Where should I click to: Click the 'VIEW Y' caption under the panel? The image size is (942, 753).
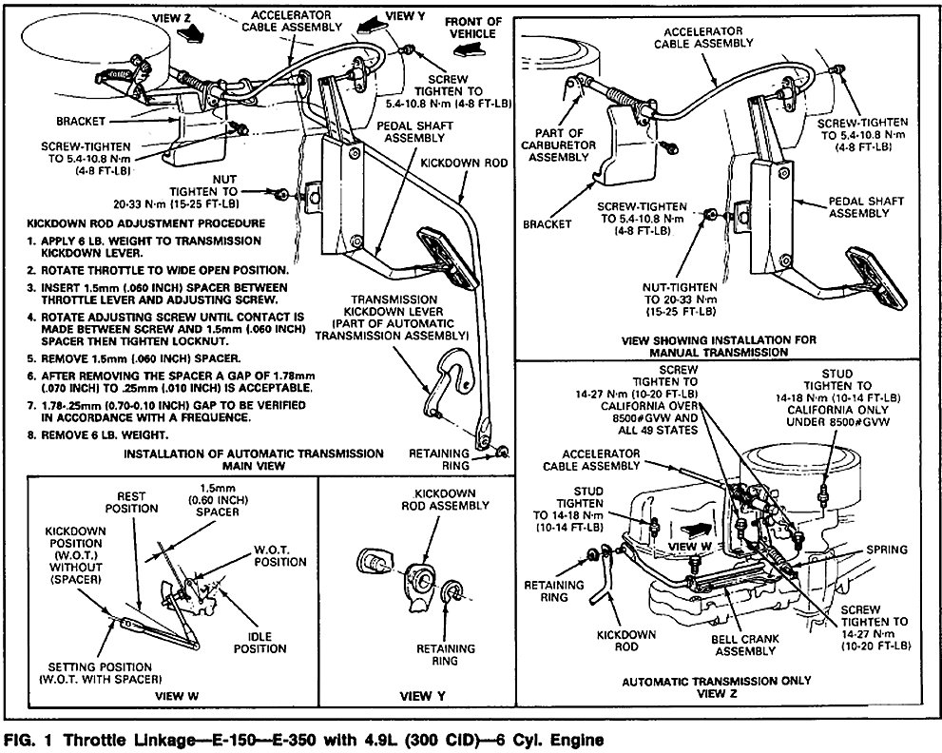(414, 695)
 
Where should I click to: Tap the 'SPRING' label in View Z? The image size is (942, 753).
(888, 549)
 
